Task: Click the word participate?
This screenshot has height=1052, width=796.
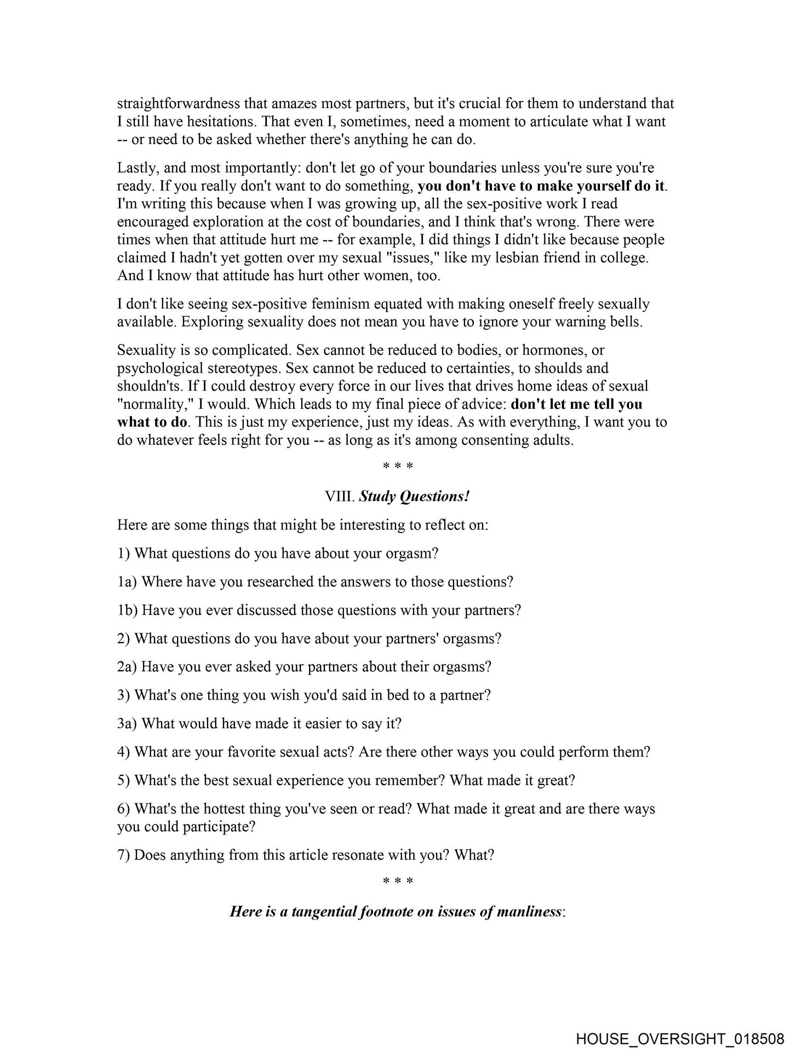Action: pos(222,826)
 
